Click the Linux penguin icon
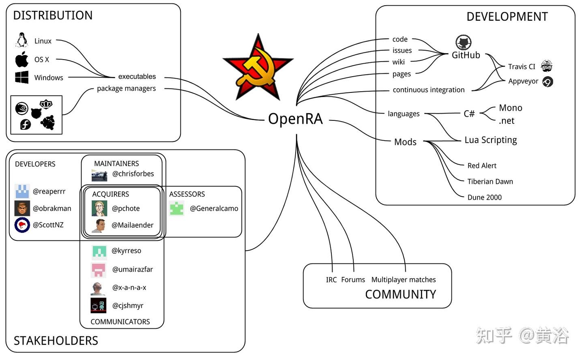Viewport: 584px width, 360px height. pos(21,40)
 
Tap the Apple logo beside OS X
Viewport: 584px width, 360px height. pos(22,59)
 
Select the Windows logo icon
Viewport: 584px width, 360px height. pos(22,77)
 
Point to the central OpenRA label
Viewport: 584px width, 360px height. pos(295,119)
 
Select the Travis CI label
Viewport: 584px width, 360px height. pos(522,66)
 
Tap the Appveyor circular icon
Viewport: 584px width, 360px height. pos(548,82)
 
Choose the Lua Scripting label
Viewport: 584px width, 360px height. pos(491,140)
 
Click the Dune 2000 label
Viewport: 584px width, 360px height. pos(485,197)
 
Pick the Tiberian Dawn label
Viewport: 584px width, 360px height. pos(490,182)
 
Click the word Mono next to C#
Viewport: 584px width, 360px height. pos(511,108)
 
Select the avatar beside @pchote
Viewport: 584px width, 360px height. pos(99,208)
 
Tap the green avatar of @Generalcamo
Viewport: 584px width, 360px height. pos(176,208)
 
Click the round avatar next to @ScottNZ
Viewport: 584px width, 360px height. pos(22,225)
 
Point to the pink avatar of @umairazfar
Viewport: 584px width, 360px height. pos(99,270)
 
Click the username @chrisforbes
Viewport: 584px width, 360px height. pos(133,174)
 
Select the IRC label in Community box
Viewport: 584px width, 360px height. pos(331,280)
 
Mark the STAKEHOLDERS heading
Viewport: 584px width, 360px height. pos(56,341)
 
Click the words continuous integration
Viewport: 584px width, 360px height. pos(429,90)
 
